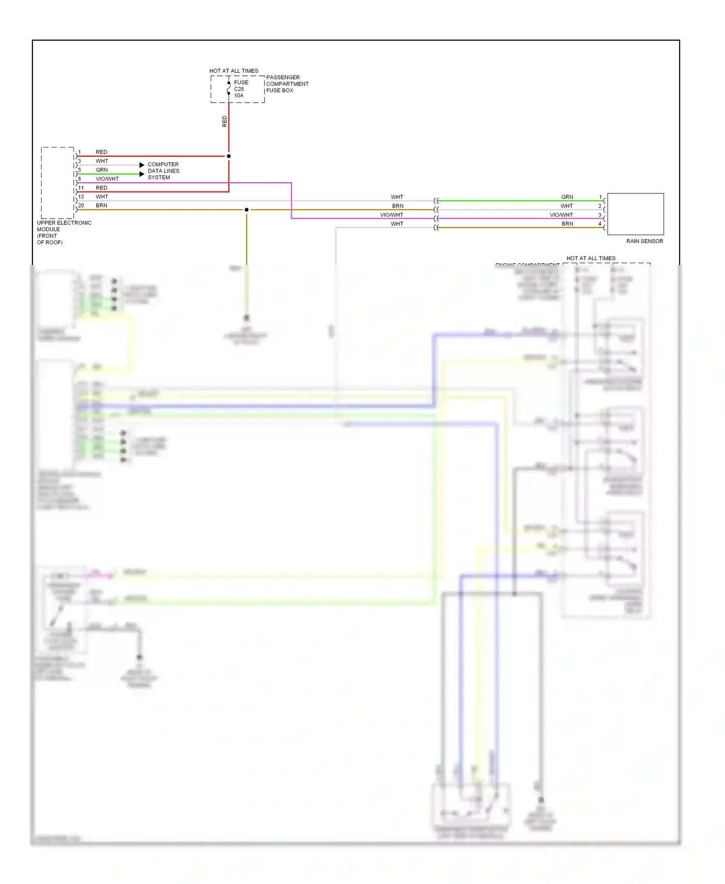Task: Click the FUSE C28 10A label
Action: click(241, 89)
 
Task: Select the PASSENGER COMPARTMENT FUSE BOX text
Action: click(287, 84)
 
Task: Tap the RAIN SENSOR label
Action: click(644, 241)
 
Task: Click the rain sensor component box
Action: click(635, 214)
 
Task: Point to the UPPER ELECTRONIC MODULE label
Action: click(63, 232)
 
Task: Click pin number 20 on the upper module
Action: click(81, 206)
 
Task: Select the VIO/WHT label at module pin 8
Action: click(107, 179)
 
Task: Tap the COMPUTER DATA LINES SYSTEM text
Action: click(163, 171)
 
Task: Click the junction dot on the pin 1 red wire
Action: click(229, 156)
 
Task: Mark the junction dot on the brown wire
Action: click(246, 209)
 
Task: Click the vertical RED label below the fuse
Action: click(224, 121)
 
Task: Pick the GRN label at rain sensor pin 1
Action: click(567, 197)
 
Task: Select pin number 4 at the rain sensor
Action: click(600, 223)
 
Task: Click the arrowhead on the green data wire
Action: click(142, 174)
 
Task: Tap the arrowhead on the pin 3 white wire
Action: click(142, 165)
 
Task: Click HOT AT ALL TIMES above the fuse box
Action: click(233, 71)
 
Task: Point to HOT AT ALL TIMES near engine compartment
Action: click(591, 258)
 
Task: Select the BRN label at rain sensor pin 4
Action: click(567, 223)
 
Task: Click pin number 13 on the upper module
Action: click(81, 197)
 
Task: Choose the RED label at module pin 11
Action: click(101, 188)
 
